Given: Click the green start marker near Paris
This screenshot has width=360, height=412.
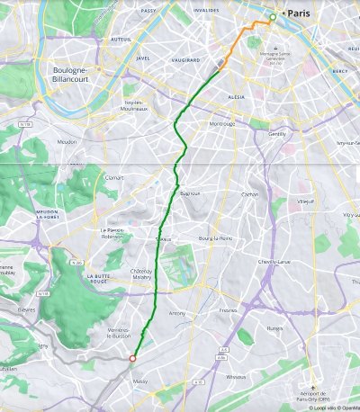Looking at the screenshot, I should [x=273, y=17].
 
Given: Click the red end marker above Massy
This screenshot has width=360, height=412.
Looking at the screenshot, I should [x=132, y=358].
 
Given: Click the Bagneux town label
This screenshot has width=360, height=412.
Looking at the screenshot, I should [x=189, y=193].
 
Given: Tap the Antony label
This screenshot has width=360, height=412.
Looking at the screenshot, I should [x=177, y=313].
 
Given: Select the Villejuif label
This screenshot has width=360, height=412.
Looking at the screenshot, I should [x=307, y=202].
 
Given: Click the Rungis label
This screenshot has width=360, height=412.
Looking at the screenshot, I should [x=274, y=328].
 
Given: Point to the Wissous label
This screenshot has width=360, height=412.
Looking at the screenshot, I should [x=236, y=376].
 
